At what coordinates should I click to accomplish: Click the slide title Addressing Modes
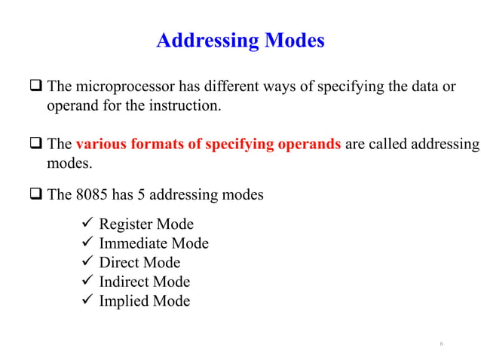click(x=240, y=40)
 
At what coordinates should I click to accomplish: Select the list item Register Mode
click(x=146, y=224)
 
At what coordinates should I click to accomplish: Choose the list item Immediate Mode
click(x=154, y=243)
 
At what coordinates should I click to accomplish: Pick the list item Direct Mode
click(x=139, y=263)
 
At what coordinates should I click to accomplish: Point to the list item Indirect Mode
click(x=145, y=282)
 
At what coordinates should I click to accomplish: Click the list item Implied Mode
click(x=145, y=301)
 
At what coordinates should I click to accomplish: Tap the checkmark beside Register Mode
click(x=85, y=224)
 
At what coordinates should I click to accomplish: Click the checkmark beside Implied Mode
click(x=85, y=301)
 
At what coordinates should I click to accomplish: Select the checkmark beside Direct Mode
click(x=85, y=263)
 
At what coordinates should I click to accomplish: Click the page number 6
click(x=442, y=344)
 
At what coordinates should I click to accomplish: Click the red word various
click(x=101, y=144)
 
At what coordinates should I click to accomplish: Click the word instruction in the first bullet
click(x=188, y=105)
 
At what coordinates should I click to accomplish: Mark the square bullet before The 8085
click(x=37, y=196)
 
